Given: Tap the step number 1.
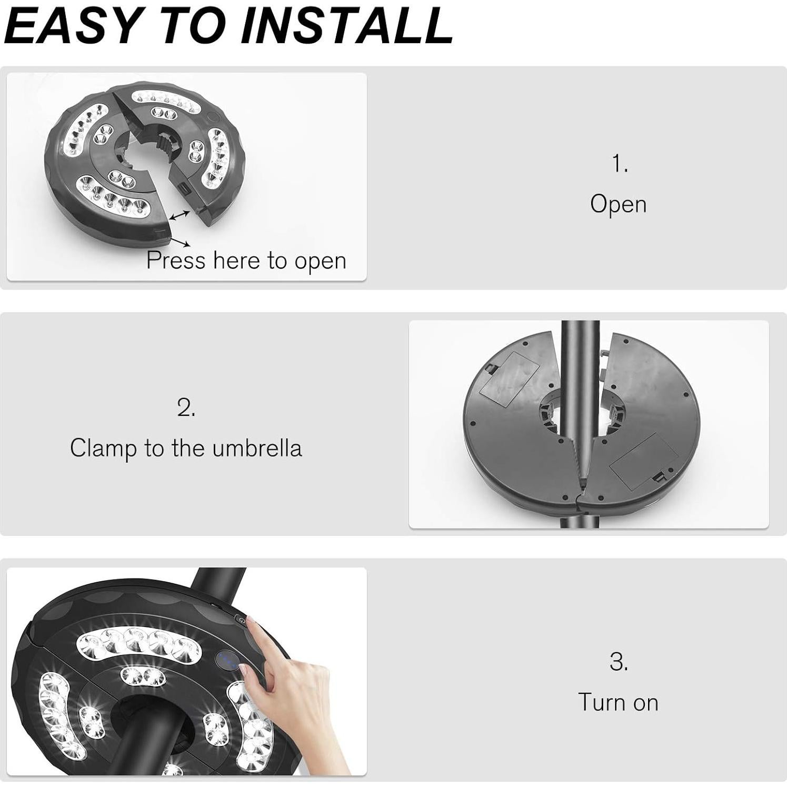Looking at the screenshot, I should pos(620,164).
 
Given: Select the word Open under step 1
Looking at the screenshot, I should pos(618,204).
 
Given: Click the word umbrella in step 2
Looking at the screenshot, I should pos(257,449).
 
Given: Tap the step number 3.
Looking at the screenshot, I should pos(619,662).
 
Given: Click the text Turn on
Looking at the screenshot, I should pos(618,702).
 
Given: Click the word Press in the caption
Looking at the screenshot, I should pos(176,260).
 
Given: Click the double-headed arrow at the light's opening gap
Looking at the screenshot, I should pos(180,215).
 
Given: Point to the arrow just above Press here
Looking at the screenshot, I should pos(180,242).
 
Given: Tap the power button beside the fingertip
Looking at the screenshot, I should pos(241,621).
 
